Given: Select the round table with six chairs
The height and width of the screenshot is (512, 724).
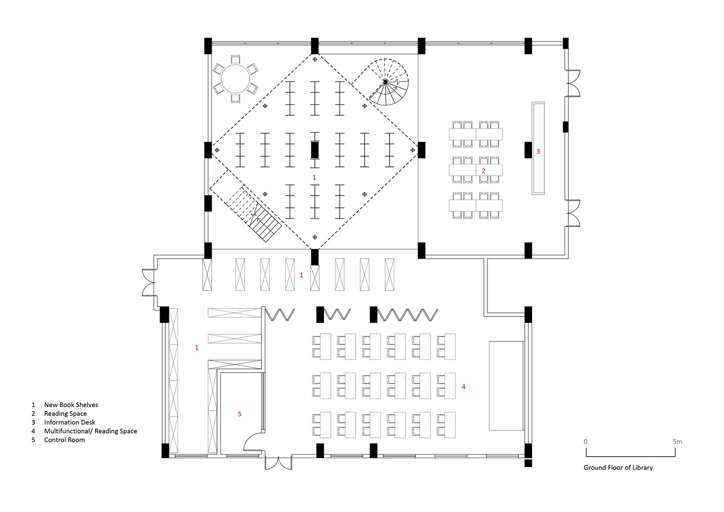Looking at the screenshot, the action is (x=236, y=79).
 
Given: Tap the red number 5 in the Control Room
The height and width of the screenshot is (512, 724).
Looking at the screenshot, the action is (x=240, y=414).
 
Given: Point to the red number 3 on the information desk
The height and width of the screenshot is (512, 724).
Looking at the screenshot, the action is (x=538, y=151).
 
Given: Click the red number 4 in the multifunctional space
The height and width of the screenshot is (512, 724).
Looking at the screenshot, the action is (x=463, y=386).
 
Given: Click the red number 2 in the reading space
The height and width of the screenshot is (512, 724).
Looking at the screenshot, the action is (x=483, y=170).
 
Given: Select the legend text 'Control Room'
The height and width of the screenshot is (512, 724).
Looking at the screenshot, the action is (x=65, y=440).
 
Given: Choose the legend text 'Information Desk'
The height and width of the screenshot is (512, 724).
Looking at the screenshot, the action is (x=70, y=422).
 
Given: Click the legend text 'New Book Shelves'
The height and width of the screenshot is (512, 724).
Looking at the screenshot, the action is (x=71, y=404).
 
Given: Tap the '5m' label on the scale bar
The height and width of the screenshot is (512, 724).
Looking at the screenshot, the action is (x=677, y=441).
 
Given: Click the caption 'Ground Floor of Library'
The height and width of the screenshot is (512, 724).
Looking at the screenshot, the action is (x=618, y=468).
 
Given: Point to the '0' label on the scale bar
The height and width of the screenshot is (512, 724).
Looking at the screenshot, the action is (x=586, y=441).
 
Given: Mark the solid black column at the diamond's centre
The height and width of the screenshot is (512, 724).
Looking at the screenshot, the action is (x=315, y=150).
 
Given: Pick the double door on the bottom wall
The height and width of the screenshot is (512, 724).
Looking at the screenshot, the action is (x=279, y=462).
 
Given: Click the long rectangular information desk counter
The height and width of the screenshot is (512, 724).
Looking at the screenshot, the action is (x=538, y=148).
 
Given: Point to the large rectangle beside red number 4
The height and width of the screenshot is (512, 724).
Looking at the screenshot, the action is (x=506, y=386).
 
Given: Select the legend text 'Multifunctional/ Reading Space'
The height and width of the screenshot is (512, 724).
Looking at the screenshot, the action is (x=91, y=431).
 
